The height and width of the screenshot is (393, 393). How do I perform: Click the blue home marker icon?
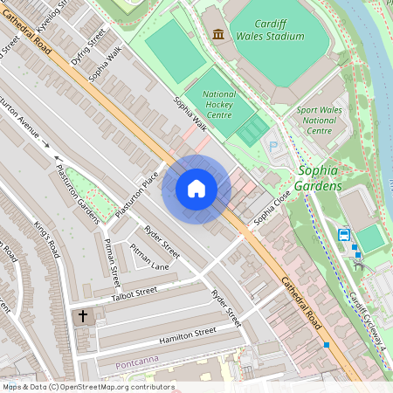pyautogui.click(x=196, y=189)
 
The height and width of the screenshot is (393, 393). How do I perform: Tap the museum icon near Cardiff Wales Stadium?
pyautogui.click(x=217, y=34)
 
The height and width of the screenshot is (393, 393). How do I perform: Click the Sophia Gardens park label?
pyautogui.click(x=320, y=178)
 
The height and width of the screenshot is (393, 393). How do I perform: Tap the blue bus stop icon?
pyautogui.click(x=344, y=234)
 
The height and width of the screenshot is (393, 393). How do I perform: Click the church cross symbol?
pyautogui.click(x=84, y=315)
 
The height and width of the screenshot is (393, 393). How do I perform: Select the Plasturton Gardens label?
pyautogui.click(x=78, y=194)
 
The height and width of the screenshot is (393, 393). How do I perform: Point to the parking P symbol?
pyautogui.click(x=272, y=145)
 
